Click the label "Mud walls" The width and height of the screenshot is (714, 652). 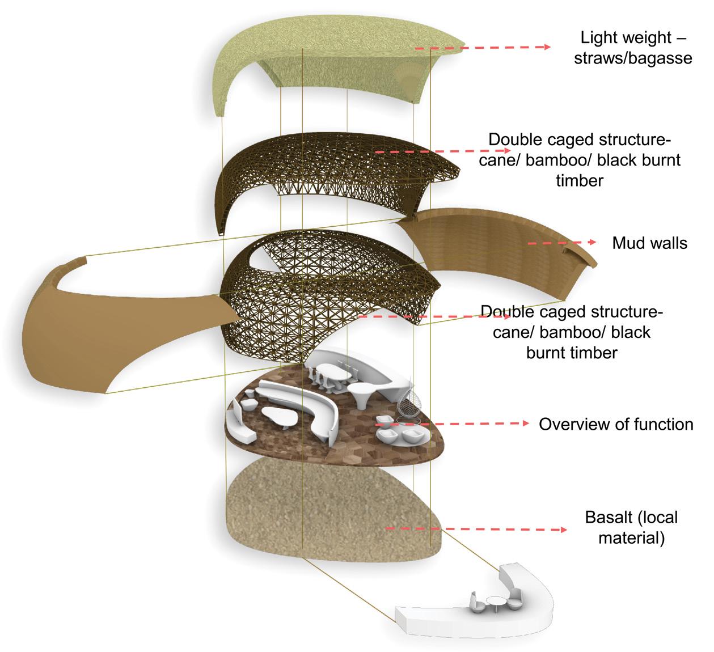[649, 243]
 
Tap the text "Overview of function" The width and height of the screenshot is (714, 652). [615, 424]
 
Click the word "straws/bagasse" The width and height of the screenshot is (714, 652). [633, 58]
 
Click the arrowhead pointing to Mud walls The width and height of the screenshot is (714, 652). [593, 242]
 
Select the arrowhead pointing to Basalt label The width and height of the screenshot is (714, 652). [563, 530]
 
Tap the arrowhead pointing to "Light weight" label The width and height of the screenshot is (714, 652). [547, 48]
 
